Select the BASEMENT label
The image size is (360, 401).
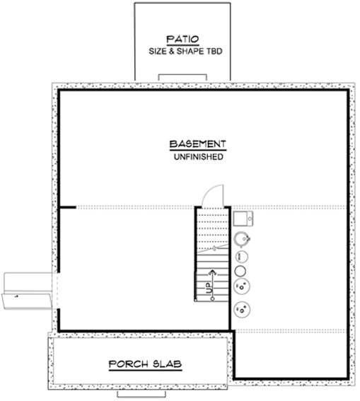tap(197, 145)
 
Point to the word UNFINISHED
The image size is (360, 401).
tap(198, 158)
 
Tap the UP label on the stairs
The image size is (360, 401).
tap(209, 289)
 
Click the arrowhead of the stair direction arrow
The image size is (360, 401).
tap(210, 271)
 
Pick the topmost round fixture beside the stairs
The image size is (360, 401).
tap(241, 238)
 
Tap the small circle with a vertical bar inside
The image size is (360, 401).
tap(240, 256)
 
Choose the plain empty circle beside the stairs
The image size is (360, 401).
tap(240, 269)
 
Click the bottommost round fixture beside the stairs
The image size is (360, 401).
tap(243, 309)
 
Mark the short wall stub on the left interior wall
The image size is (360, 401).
tap(67, 207)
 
